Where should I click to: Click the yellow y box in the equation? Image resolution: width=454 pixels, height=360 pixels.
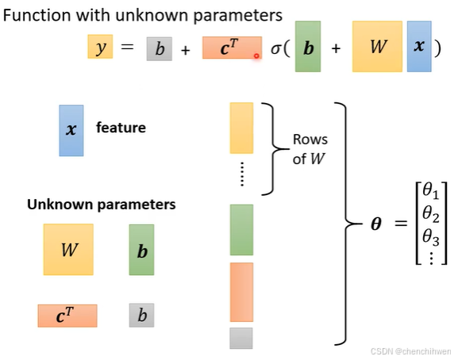pos(100,48)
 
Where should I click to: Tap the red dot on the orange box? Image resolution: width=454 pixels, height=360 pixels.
pos(256,56)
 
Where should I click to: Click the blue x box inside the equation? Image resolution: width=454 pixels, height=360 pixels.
pos(418,46)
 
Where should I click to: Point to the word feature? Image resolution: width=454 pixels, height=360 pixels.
pos(121,127)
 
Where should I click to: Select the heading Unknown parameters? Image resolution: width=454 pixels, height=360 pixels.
pos(102,204)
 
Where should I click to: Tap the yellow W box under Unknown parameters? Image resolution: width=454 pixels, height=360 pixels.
pos(68,249)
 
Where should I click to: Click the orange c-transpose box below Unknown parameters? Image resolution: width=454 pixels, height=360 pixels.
pos(67,316)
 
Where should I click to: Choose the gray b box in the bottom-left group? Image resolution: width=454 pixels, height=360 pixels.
pos(142,316)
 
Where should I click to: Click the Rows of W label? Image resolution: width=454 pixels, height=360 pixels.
pos(309,147)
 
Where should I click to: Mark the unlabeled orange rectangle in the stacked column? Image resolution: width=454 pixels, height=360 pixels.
pos(241,292)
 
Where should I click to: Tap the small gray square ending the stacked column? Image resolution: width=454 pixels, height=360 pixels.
pos(241,338)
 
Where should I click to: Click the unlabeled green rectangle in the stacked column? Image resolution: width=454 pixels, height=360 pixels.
pos(241,230)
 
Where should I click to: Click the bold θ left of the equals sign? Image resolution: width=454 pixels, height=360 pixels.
pos(376,224)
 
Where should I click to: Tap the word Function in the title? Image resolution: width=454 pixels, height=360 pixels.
pos(36,14)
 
